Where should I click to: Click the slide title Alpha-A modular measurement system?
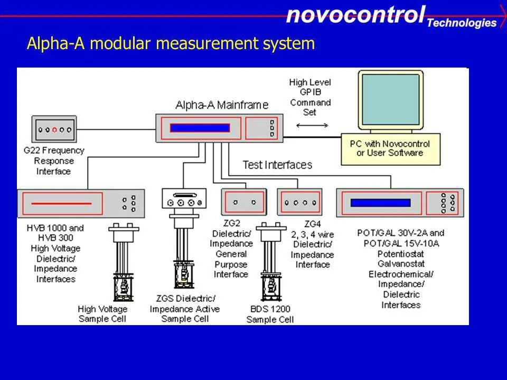[x=171, y=43]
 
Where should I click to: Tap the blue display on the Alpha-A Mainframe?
[x=200, y=128]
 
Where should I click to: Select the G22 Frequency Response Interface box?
[x=53, y=129]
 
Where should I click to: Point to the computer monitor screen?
[x=390, y=101]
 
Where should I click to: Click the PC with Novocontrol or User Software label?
[x=390, y=148]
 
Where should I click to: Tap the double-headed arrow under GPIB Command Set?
[x=312, y=126]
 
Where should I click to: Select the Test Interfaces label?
[x=277, y=165]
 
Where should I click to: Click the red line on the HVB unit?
[x=61, y=203]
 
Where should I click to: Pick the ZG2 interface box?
[x=243, y=202]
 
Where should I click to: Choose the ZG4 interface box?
[x=299, y=202]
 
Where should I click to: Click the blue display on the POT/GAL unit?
[x=380, y=203]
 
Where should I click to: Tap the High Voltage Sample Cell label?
[x=102, y=313]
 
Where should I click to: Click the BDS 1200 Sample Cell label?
[x=270, y=314]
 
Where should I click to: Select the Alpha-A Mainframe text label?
[x=222, y=105]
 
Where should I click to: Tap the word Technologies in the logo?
[x=461, y=23]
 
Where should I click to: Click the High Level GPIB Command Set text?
[x=310, y=97]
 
